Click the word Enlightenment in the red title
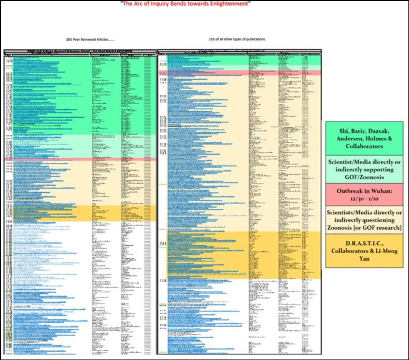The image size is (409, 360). click(x=229, y=4)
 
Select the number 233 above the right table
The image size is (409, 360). click(x=212, y=39)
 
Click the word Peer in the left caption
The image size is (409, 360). click(x=79, y=40)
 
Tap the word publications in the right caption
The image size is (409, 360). click(x=255, y=39)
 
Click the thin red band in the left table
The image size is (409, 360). click(x=79, y=159)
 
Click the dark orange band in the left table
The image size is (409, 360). click(x=79, y=213)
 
